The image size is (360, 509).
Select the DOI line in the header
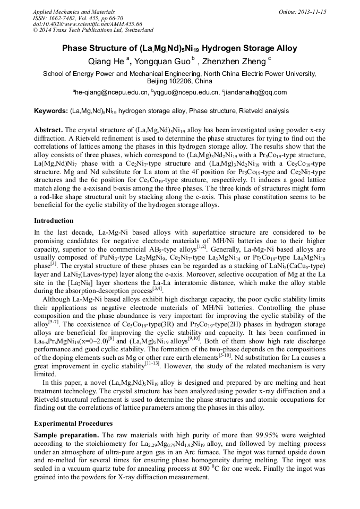click(88, 24)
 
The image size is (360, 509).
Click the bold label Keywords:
click(50, 111)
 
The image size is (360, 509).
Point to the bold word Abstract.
click(48, 130)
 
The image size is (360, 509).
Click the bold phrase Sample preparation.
click(65, 434)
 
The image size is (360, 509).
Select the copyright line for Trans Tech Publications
click(93, 30)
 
